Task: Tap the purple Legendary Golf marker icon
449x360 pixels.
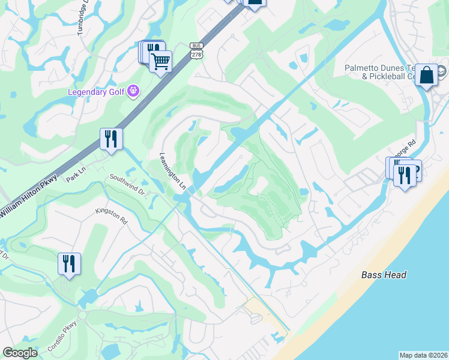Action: [133, 91]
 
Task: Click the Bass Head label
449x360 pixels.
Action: [384, 275]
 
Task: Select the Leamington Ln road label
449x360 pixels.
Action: [172, 170]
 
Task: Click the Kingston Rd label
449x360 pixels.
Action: [112, 217]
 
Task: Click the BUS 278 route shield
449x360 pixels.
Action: [196, 50]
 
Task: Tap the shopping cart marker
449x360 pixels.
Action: [160, 61]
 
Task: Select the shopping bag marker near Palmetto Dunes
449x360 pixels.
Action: [426, 75]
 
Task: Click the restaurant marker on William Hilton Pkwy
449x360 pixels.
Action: [111, 139]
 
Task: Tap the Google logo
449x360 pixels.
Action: [20, 353]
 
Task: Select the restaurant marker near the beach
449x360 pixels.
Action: [404, 175]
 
